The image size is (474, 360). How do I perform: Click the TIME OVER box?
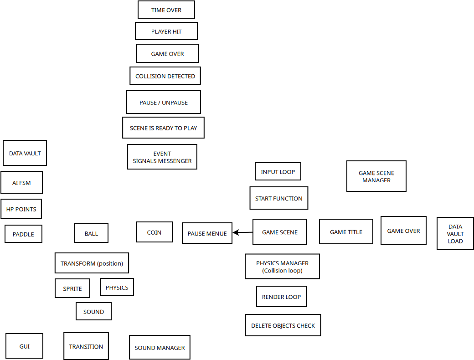coord(166,10)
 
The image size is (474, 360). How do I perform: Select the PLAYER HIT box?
coord(166,31)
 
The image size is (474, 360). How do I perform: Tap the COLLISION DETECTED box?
coord(165,76)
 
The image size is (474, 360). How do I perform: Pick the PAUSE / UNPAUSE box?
coord(164,102)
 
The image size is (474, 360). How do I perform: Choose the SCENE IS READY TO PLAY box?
coord(163,128)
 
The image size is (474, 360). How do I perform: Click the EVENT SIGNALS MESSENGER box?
coord(162,157)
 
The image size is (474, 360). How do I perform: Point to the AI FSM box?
coord(21,182)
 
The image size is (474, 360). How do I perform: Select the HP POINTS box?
coord(21,209)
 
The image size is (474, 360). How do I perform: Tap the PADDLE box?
coord(23,234)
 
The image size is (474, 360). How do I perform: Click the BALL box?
coord(91,233)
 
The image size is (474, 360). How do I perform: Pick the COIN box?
coord(154,232)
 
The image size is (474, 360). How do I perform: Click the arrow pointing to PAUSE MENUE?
coord(243,232)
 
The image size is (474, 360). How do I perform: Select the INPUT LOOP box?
coord(278,171)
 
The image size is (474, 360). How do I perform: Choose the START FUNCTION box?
coord(279,198)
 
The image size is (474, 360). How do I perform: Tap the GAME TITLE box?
coord(346,231)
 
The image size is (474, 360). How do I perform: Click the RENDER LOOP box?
coord(282,297)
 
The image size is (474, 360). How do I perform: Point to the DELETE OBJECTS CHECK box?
coord(283,325)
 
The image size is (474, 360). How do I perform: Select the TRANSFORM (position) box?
coord(92,263)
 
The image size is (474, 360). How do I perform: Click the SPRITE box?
coord(72,288)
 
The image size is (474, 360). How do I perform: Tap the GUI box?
coord(25,346)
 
